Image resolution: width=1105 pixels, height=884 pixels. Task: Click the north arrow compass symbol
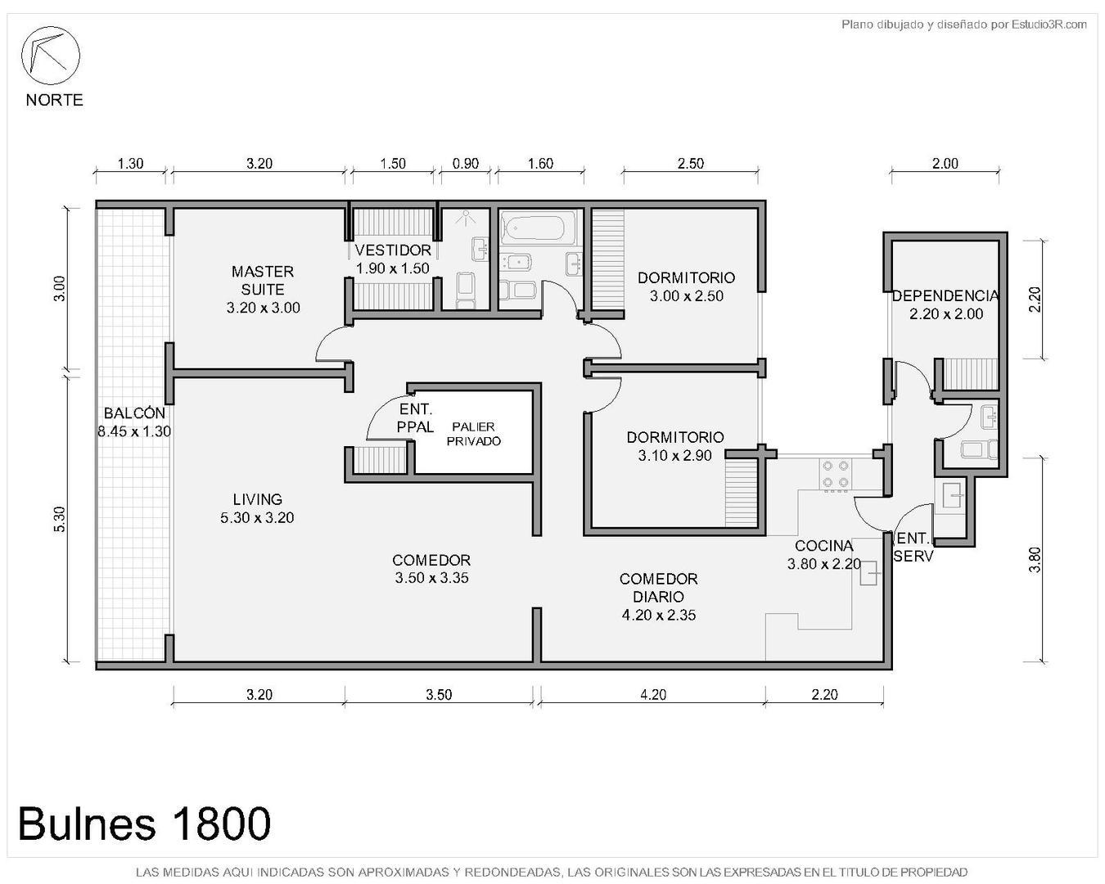[50, 56]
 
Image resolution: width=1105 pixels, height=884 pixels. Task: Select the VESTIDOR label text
[393, 250]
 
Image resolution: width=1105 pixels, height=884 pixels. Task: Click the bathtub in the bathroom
[533, 228]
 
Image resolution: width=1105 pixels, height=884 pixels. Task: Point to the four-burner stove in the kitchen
[835, 475]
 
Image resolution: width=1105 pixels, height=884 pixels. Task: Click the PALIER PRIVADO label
[473, 434]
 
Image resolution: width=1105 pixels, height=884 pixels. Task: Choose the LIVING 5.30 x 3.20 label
[257, 508]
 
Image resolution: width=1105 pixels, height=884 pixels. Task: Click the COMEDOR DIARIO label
[658, 588]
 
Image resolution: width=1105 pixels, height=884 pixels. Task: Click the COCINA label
[823, 545]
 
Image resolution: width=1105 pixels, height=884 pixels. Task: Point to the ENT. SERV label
[913, 547]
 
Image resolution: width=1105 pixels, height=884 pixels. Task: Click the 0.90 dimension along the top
[465, 164]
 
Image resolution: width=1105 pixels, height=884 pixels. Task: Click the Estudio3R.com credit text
[1049, 25]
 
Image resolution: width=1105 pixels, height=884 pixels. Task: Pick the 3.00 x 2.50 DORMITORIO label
[686, 286]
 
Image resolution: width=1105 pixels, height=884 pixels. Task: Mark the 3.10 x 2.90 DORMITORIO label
[674, 446]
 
